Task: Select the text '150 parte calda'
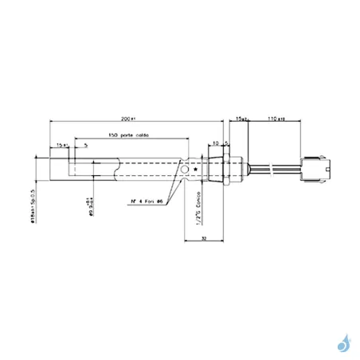point(127,135)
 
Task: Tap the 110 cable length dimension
point(276,118)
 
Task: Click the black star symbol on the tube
point(196,169)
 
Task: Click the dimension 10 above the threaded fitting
point(215,143)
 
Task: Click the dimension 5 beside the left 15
point(85,145)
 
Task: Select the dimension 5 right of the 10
point(227,143)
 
